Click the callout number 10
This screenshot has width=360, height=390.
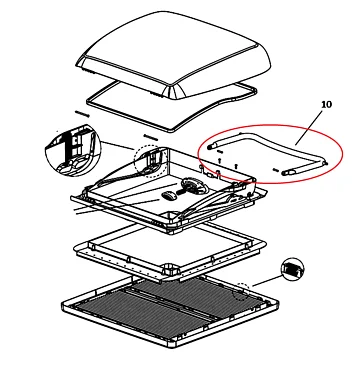(327, 104)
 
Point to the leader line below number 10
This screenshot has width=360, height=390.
(309, 128)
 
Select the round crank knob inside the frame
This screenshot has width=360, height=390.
(191, 185)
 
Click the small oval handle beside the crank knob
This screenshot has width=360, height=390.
(169, 196)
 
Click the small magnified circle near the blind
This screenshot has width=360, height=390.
(293, 269)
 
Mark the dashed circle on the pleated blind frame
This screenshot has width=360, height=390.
(241, 291)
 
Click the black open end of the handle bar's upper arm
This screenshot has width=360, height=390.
(209, 147)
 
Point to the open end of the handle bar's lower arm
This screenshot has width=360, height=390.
(284, 173)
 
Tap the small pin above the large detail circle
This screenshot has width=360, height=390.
(82, 114)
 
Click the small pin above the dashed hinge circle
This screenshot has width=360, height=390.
(150, 137)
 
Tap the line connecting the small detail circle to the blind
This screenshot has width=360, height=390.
(267, 281)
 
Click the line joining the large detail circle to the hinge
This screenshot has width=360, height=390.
(118, 146)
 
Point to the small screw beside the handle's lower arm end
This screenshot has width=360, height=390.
(276, 170)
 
